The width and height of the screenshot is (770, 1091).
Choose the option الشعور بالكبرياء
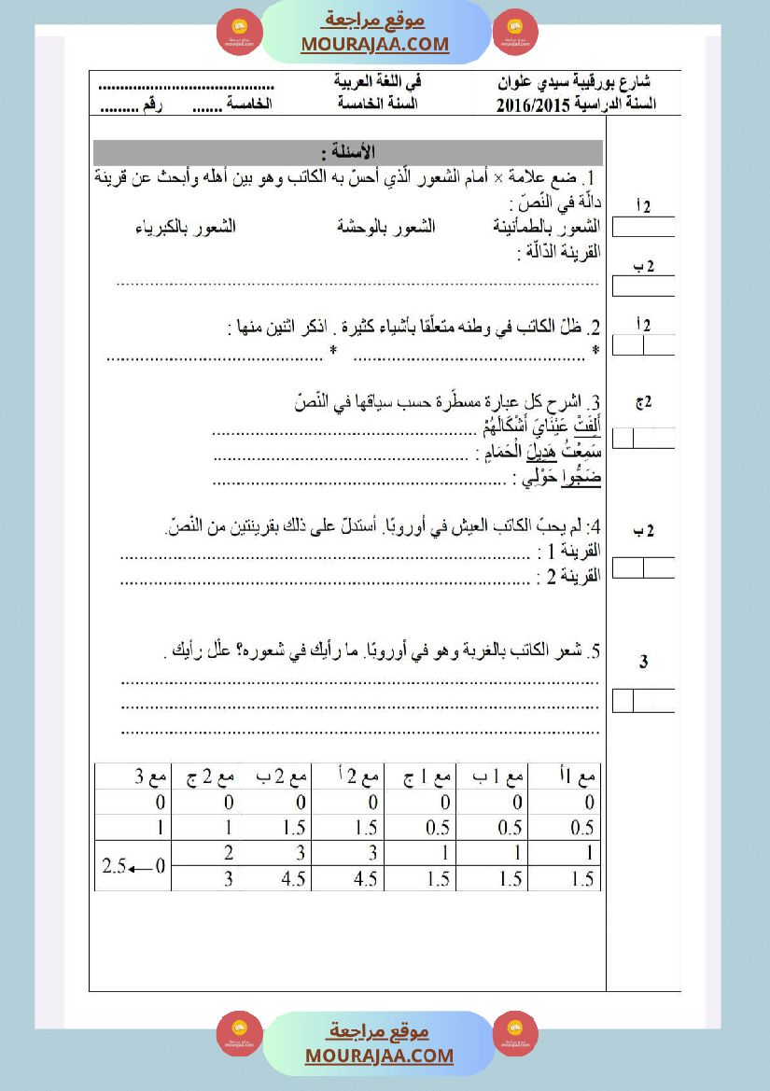185,227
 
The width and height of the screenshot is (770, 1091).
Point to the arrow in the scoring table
140,867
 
